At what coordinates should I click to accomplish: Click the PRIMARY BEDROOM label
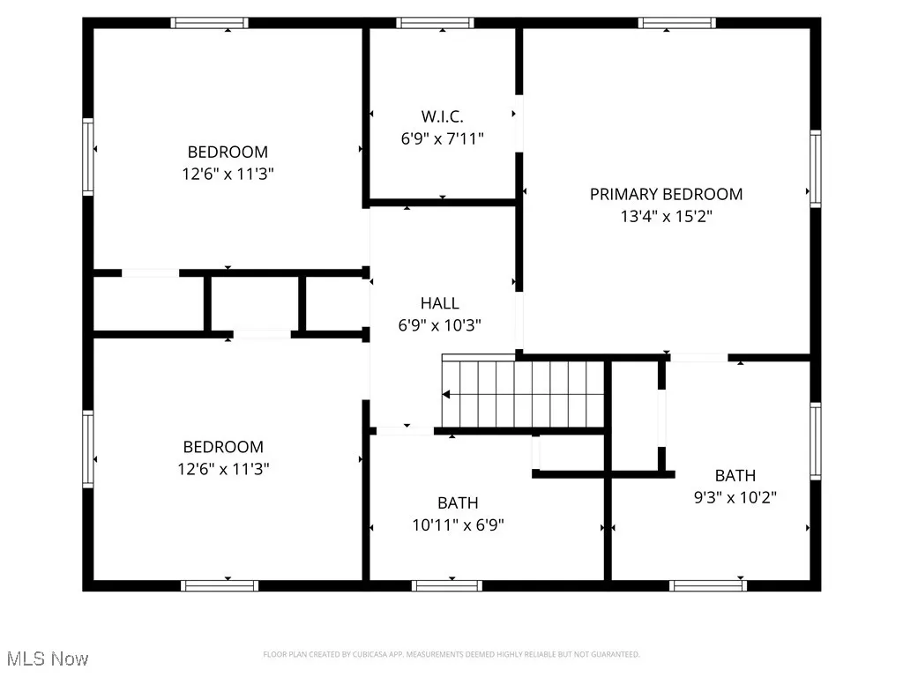666,194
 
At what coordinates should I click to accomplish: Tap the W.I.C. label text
441,116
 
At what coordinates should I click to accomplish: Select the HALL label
439,303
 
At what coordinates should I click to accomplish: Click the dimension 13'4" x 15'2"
666,216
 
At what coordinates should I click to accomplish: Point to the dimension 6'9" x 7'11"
441,138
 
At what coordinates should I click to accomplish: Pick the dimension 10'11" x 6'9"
458,525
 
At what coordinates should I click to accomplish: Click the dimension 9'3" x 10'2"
735,497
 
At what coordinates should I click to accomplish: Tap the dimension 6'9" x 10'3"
439,325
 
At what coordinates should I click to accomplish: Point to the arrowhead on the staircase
448,394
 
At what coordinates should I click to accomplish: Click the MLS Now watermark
47,658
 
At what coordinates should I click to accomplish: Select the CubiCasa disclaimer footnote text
451,654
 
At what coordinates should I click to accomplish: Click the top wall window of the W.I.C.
435,23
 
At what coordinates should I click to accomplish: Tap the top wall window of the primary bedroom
677,23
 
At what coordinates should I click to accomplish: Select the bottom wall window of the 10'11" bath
446,585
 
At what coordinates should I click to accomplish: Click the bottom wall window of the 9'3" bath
707,585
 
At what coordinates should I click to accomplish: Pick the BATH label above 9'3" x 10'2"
735,475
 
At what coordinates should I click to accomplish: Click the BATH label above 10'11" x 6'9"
458,503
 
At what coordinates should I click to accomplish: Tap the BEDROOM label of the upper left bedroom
228,152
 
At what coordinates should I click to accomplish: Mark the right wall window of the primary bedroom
815,168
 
